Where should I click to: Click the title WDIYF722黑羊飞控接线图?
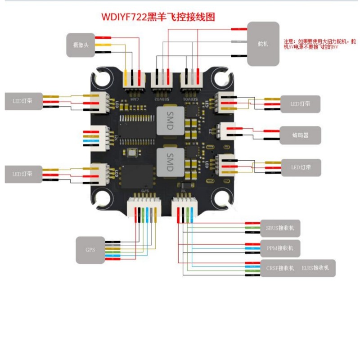[x=157, y=17]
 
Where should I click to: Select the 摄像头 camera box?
[x=81, y=45]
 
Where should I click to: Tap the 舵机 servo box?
[x=263, y=44]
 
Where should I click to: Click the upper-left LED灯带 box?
[x=23, y=102]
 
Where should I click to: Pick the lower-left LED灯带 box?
[x=23, y=174]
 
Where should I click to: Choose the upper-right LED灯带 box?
[x=300, y=104]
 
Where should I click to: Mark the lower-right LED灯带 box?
[x=300, y=167]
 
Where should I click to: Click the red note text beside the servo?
[x=319, y=44]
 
